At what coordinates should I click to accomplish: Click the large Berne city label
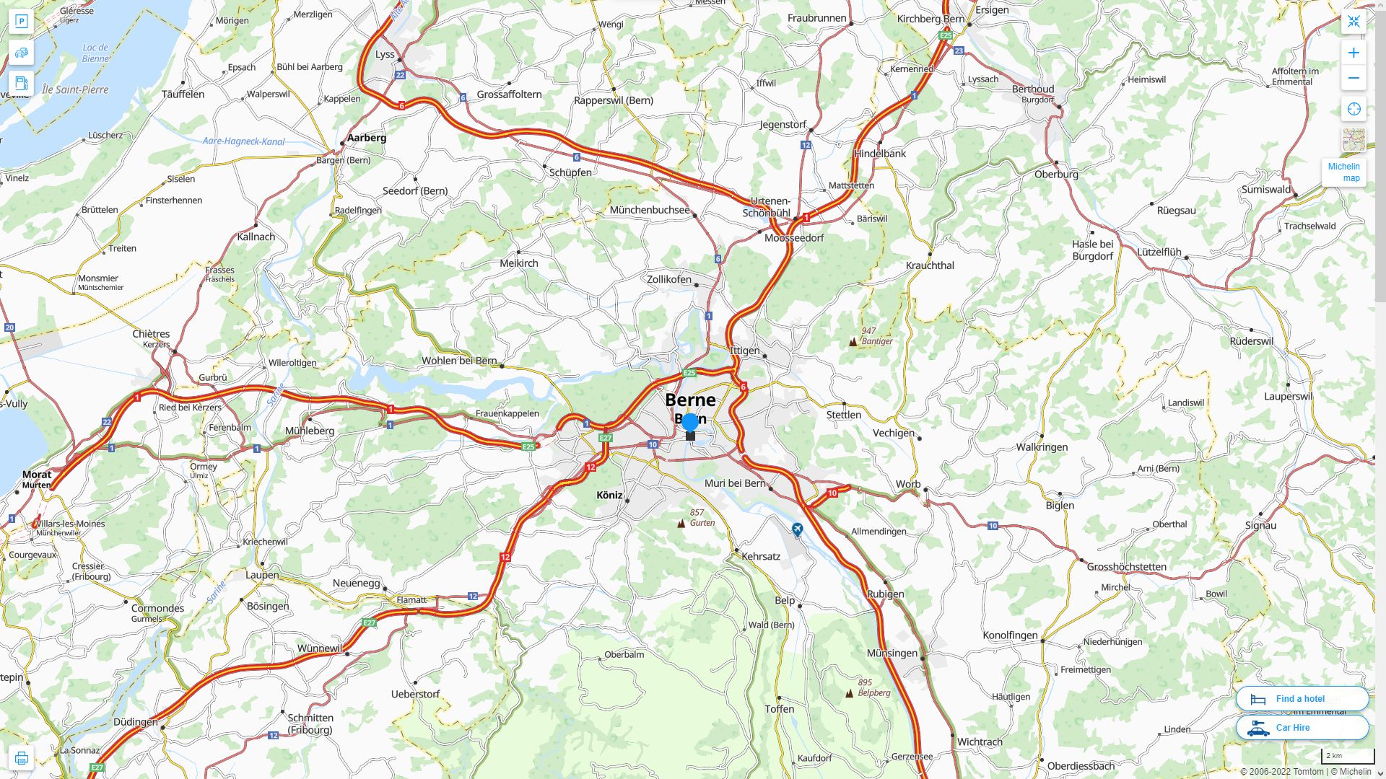690,400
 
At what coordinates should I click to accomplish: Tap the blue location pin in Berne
690,423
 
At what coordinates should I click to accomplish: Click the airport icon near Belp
797,529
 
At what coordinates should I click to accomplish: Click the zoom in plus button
1354,53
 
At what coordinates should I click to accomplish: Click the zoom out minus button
1354,78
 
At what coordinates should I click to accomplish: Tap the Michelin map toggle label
1343,172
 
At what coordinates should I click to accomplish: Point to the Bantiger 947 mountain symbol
853,342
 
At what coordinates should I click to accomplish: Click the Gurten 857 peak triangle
681,523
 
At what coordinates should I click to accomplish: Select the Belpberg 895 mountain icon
850,693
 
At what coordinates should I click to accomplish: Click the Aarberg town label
367,138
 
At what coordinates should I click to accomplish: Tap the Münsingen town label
892,653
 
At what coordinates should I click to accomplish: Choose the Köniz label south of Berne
609,495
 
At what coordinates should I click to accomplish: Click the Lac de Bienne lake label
95,53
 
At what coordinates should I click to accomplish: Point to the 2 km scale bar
1347,757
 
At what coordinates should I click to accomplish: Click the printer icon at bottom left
21,758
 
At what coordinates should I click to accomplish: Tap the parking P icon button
21,22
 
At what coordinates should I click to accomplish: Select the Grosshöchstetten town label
1126,566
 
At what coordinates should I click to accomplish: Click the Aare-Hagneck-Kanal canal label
243,141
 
